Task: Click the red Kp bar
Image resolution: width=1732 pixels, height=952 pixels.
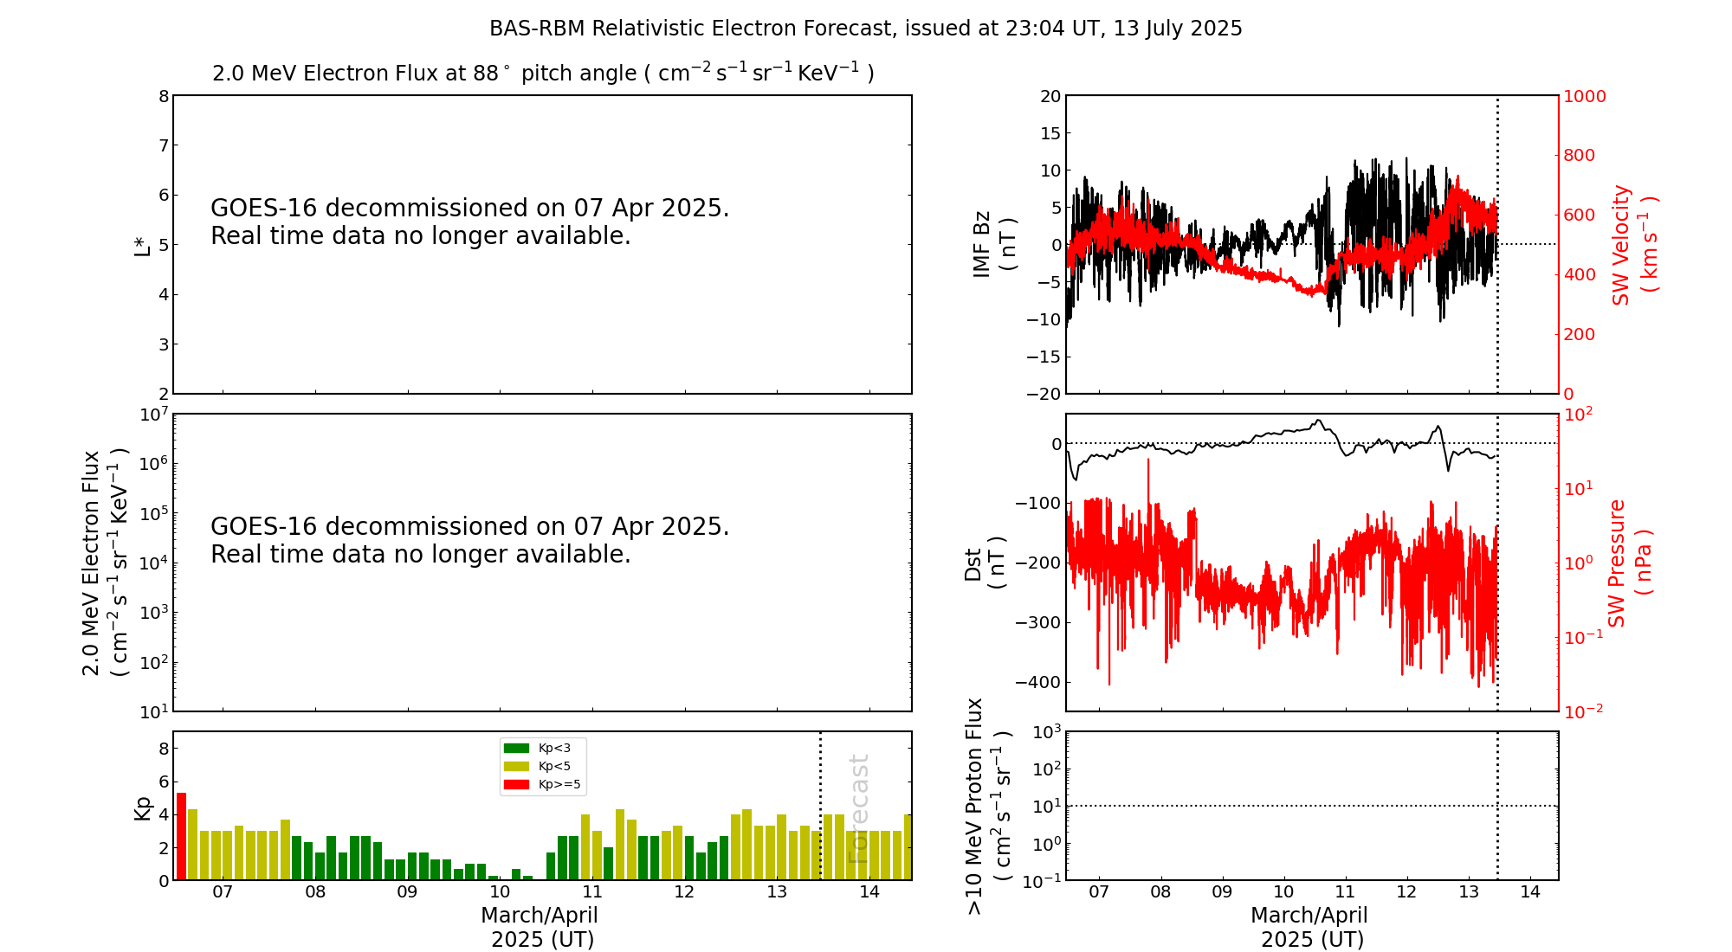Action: (181, 836)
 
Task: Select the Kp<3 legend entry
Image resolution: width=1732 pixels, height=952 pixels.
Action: (541, 748)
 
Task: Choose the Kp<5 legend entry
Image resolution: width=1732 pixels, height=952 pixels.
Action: (541, 766)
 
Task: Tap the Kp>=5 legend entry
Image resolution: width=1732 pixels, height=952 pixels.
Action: (541, 785)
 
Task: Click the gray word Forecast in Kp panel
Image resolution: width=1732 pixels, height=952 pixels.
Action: (857, 809)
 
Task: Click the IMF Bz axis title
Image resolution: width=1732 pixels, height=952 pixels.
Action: (993, 245)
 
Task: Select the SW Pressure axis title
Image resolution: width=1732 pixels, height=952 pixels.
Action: (1629, 563)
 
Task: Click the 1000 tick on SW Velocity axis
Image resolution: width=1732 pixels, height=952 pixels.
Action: (1583, 96)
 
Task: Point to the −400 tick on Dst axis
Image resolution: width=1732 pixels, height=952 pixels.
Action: (1038, 682)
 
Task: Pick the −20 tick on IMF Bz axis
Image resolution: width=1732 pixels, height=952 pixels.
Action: (1043, 394)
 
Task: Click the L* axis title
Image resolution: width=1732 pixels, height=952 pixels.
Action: (142, 245)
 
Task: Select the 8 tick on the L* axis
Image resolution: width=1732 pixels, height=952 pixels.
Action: (164, 96)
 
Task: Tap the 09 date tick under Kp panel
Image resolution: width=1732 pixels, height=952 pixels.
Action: (407, 892)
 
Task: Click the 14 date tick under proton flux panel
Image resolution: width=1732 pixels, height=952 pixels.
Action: (1530, 892)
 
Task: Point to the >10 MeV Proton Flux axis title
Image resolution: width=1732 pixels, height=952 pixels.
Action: (987, 807)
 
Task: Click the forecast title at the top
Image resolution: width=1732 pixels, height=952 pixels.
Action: (865, 29)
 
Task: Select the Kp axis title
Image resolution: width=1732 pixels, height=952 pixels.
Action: (142, 807)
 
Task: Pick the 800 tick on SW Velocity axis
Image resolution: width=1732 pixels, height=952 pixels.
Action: (1579, 156)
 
